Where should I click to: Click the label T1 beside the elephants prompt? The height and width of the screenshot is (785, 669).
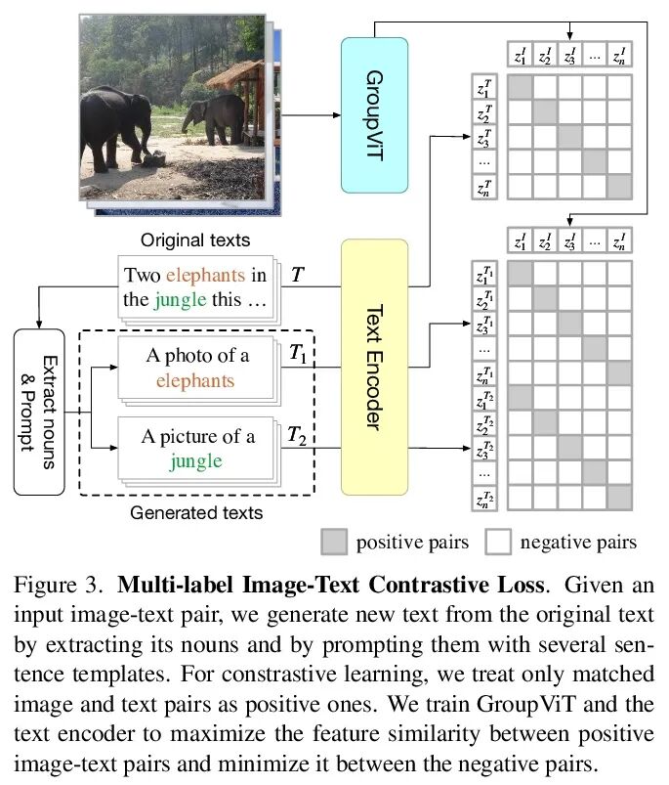[x=298, y=357]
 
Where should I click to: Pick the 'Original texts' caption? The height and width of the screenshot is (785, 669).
[x=195, y=240]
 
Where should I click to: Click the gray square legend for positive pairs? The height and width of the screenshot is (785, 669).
[x=334, y=541]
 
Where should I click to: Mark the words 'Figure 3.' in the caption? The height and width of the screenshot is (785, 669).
[x=56, y=587]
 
